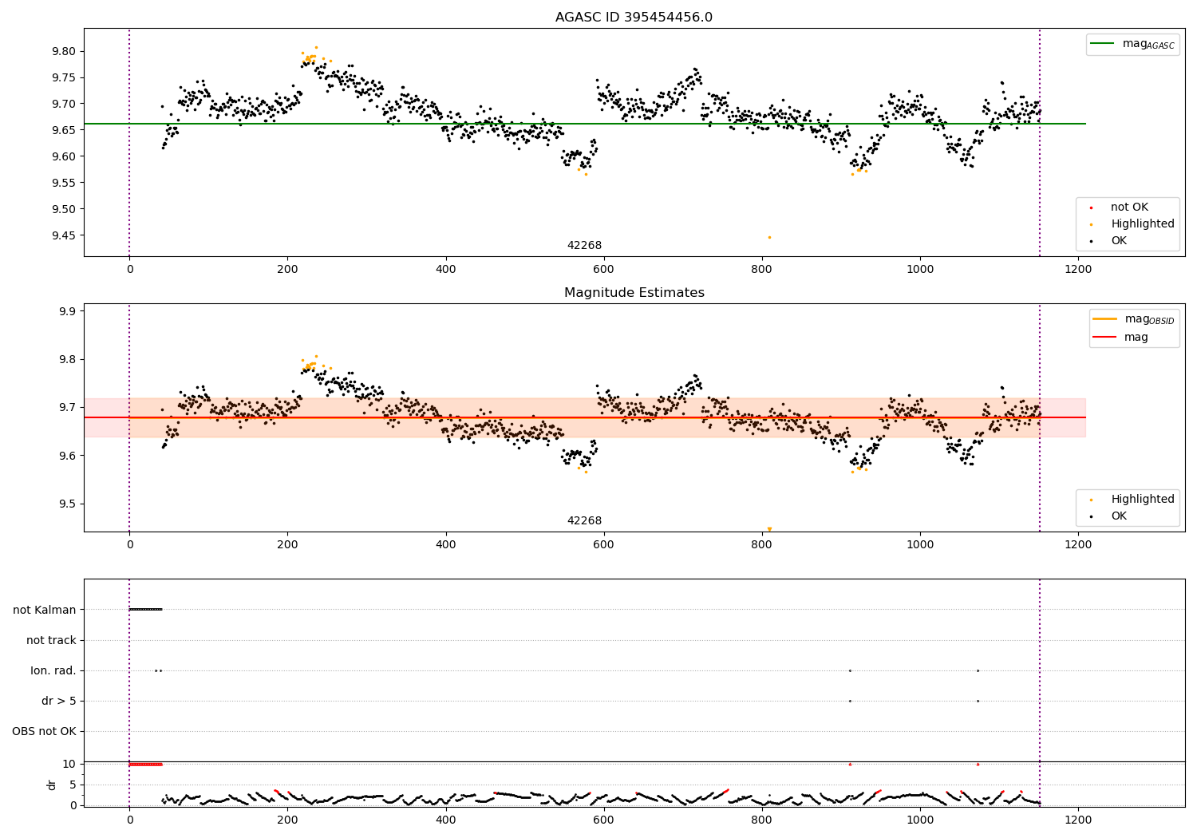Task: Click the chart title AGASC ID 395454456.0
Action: pyautogui.click(x=634, y=18)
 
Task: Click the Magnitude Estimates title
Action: pyautogui.click(x=634, y=293)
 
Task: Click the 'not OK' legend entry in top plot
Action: pyautogui.click(x=1128, y=208)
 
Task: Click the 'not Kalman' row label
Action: pyautogui.click(x=45, y=610)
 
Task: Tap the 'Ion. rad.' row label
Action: pyautogui.click(x=53, y=670)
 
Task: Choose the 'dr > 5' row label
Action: pyautogui.click(x=59, y=701)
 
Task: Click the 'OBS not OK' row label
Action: pyautogui.click(x=45, y=731)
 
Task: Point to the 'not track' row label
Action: pyautogui.click(x=51, y=640)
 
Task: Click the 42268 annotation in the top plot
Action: pyautogui.click(x=584, y=246)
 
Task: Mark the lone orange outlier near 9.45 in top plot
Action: pyautogui.click(x=769, y=237)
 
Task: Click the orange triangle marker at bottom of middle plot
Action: pyautogui.click(x=769, y=529)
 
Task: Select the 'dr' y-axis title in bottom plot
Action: pyautogui.click(x=52, y=785)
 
